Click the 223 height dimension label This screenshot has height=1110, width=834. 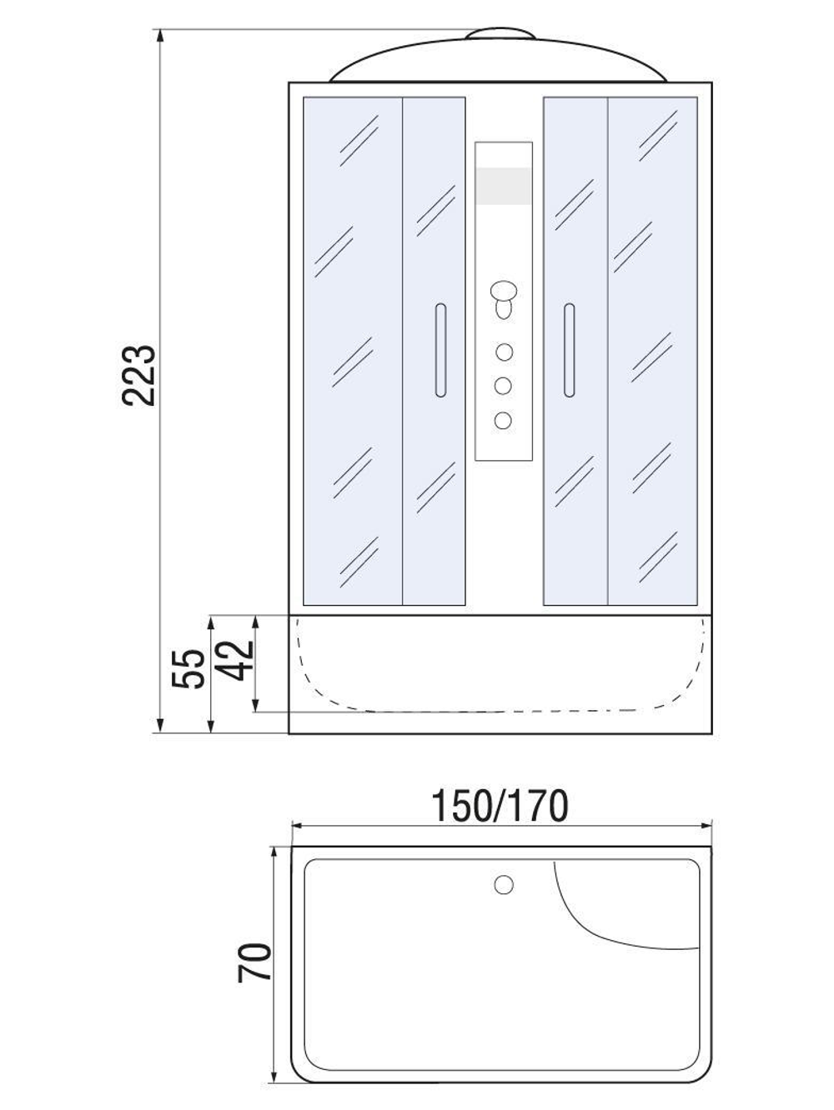tap(138, 374)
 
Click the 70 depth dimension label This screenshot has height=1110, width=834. tap(255, 962)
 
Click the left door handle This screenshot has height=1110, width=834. tap(440, 350)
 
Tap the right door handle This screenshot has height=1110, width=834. tap(569, 350)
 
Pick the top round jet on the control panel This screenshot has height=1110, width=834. tap(503, 352)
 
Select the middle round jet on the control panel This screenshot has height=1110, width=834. tap(503, 386)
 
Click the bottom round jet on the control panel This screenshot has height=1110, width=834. tap(503, 420)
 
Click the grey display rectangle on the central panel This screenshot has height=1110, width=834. tap(503, 185)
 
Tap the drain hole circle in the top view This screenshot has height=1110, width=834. tap(504, 884)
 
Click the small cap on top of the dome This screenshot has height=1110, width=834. tap(500, 35)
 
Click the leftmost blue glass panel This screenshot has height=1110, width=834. tap(353, 350)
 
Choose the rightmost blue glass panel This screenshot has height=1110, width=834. tap(652, 350)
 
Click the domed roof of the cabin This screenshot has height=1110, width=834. tap(500, 62)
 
